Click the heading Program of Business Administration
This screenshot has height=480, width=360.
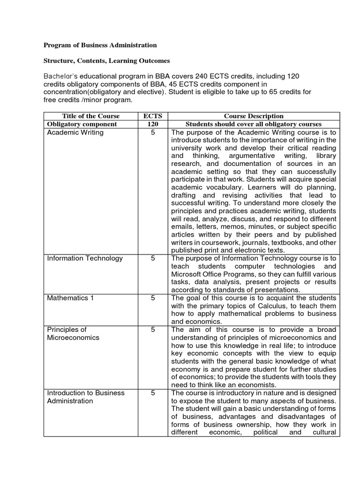100,45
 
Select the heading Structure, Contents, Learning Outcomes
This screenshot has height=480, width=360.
106,61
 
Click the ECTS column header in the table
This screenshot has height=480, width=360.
153,116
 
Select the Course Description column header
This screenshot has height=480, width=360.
254,116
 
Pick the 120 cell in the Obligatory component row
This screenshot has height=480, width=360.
153,124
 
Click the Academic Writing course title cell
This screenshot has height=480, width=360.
75,133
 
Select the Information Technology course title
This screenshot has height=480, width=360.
85,258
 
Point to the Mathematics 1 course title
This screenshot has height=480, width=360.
70,298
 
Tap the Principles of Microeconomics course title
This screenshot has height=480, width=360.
73,333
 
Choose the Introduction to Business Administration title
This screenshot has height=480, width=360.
85,397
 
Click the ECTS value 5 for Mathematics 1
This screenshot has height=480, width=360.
153,298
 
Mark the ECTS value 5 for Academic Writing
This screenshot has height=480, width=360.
153,133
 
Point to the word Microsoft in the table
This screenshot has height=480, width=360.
186,274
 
